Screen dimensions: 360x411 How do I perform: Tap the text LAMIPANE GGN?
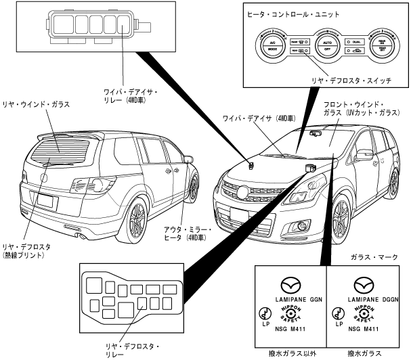pos(295,297)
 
